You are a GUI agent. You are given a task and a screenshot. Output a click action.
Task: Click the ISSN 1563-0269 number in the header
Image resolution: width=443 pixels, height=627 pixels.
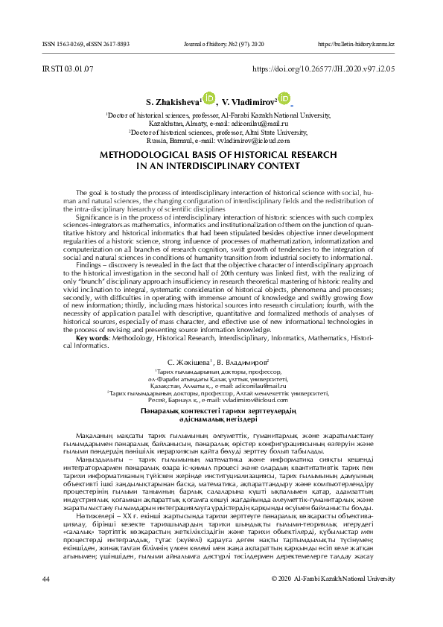pos(47,44)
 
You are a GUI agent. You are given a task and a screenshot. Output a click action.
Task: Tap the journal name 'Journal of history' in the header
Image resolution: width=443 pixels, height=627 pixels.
pos(206,44)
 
